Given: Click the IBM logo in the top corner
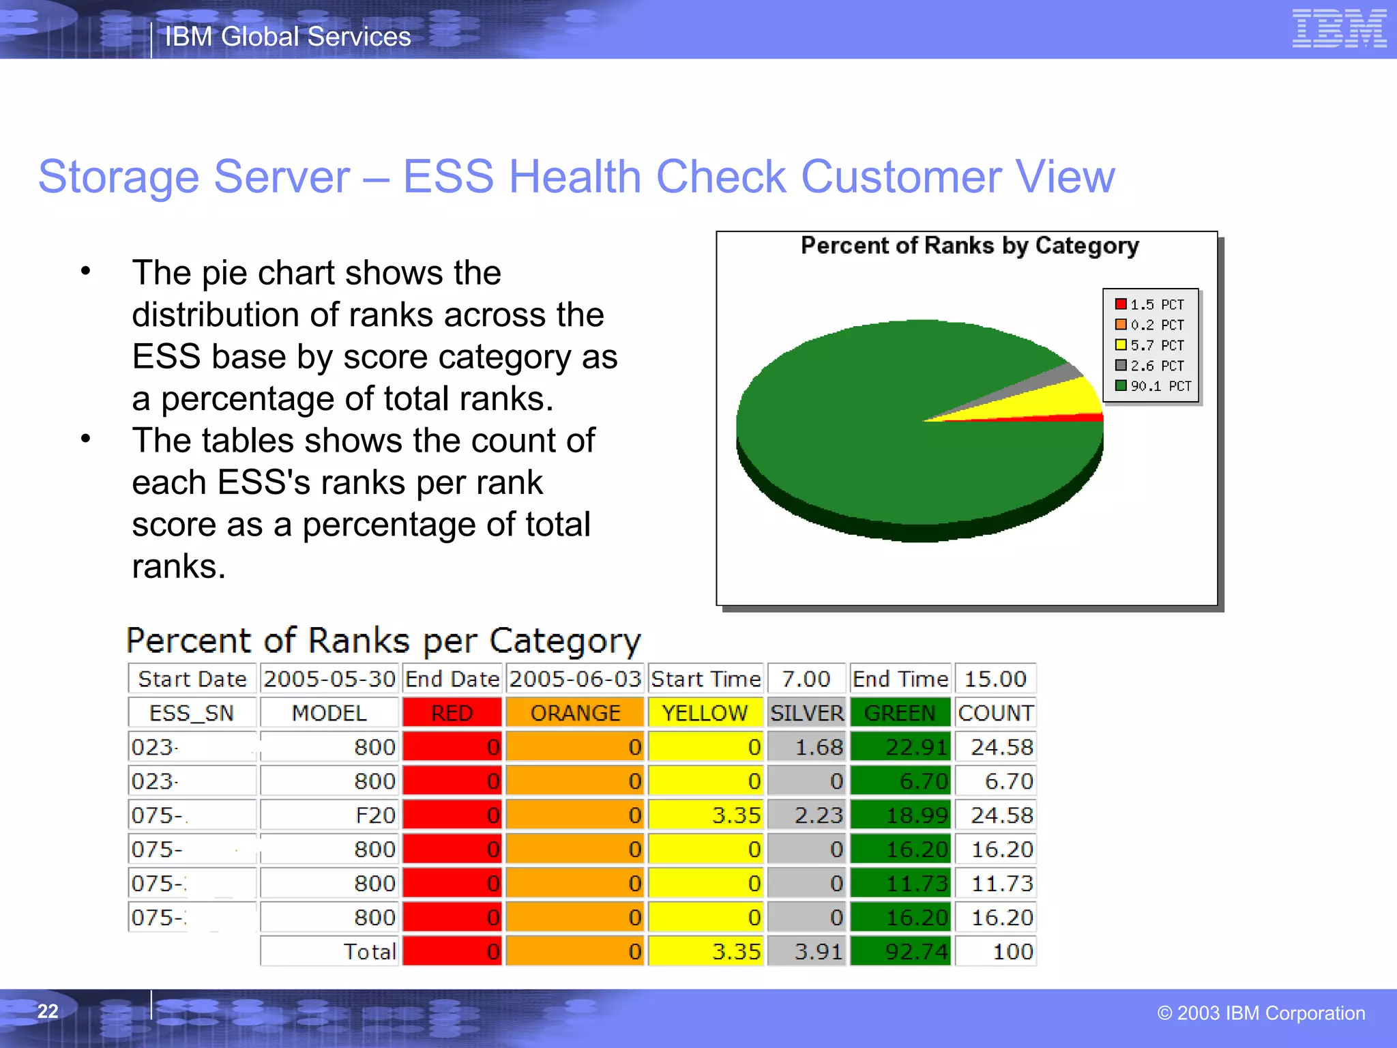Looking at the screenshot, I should point(1339,29).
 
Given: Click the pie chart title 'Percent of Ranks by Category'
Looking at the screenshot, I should point(969,246).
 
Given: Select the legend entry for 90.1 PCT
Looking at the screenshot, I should point(1153,386).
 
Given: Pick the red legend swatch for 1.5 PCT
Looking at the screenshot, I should point(1121,304).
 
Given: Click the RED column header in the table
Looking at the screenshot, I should point(452,713).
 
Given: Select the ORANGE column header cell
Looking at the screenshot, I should point(575,713).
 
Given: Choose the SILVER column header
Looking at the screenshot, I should point(806,713).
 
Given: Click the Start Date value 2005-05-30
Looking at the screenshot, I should point(329,679).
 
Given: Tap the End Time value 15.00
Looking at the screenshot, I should point(995,679).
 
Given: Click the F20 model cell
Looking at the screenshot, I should point(329,815).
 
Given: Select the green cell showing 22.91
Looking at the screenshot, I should point(900,747).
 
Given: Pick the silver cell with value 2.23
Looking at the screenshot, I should point(806,815).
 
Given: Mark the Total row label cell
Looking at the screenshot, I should point(329,952).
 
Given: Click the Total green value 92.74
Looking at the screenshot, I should point(900,952).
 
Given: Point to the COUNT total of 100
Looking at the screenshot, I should point(995,952).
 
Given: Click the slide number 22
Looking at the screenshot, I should point(48,1011).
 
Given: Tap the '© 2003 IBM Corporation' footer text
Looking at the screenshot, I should point(1261,1013).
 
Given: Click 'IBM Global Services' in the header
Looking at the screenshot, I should point(288,37).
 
